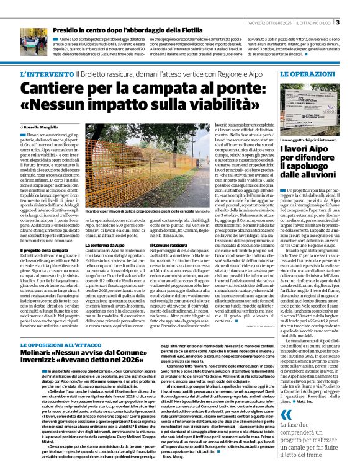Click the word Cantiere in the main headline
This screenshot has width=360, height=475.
pos(50,87)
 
